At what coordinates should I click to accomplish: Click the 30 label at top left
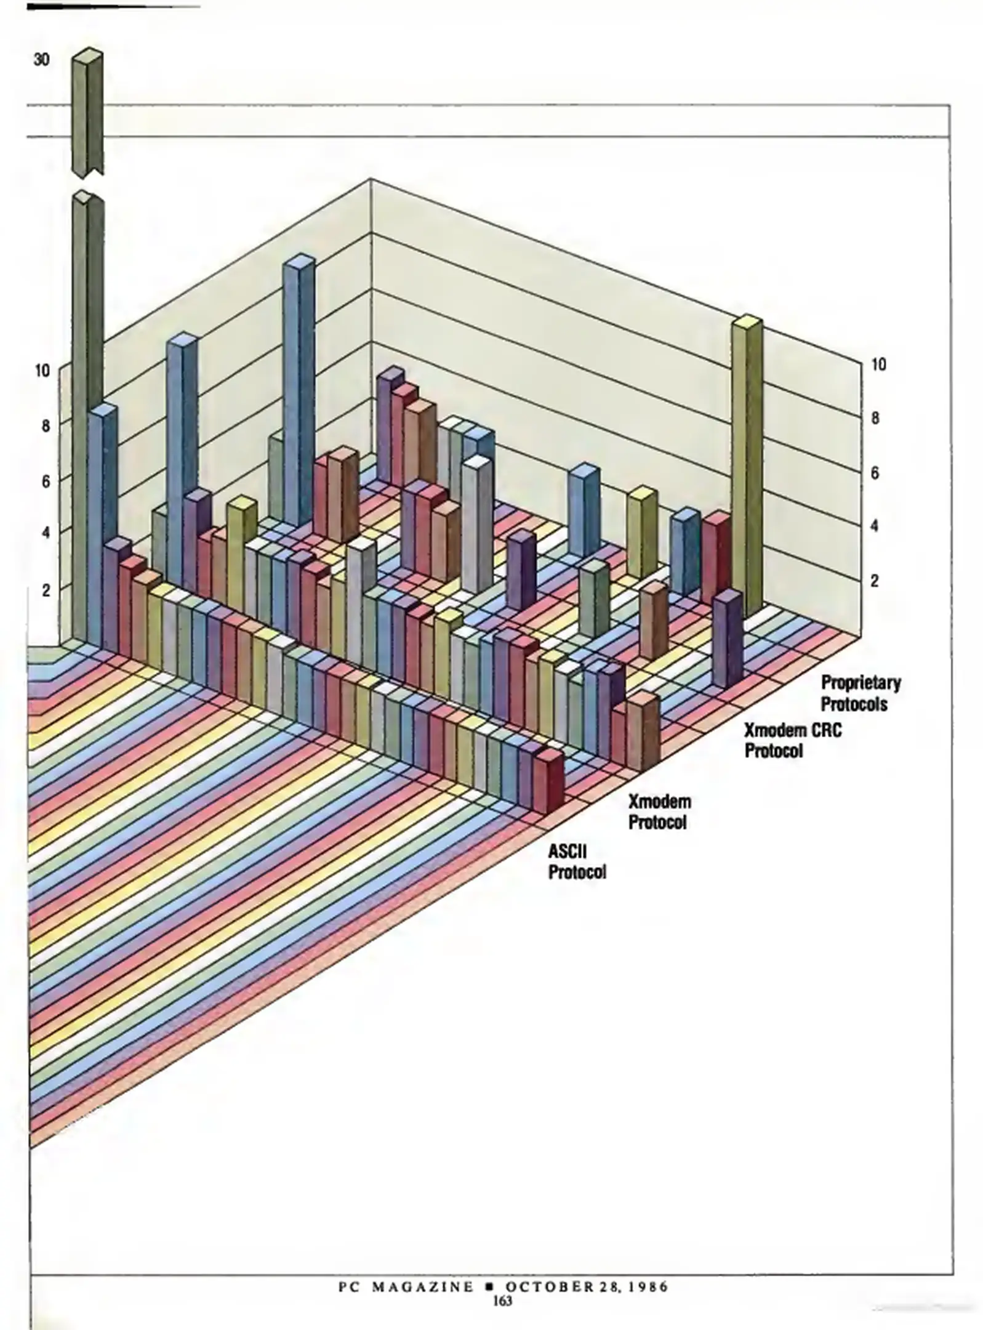point(41,60)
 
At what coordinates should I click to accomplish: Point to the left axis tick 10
point(42,371)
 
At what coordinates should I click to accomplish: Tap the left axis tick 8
point(45,425)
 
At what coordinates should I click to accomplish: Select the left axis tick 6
point(45,482)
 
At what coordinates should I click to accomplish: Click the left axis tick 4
point(45,533)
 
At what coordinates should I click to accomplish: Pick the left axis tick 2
point(45,589)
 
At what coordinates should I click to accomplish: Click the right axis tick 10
point(878,365)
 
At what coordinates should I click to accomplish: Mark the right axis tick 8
point(875,419)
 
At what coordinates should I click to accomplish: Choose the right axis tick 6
point(875,473)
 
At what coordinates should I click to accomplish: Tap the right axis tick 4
point(875,526)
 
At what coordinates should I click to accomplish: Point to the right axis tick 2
point(875,581)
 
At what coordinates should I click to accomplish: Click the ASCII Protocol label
point(576,861)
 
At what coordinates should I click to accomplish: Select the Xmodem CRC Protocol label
point(792,740)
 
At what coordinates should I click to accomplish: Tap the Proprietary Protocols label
point(860,693)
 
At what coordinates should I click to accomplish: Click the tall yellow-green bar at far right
point(747,468)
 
